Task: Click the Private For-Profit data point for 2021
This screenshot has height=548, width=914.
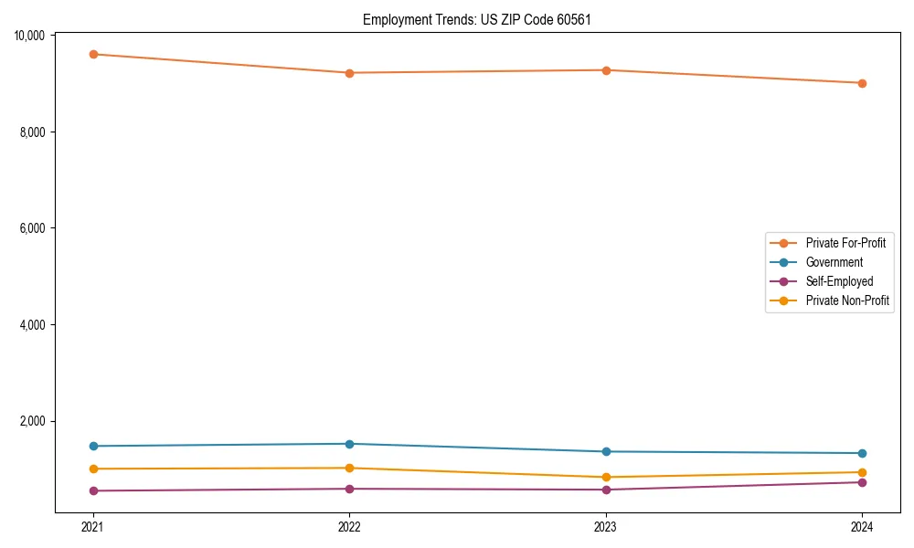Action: [92, 54]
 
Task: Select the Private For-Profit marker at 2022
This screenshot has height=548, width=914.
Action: [349, 73]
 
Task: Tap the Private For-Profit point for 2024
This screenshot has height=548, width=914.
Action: [862, 83]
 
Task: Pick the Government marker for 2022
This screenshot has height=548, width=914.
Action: [349, 444]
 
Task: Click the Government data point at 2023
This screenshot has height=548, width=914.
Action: [606, 451]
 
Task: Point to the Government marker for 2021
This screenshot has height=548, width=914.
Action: [92, 446]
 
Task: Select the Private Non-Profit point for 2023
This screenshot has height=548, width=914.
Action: [606, 477]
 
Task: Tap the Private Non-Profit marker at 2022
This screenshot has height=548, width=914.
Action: [349, 468]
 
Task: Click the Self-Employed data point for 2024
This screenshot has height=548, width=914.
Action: [862, 482]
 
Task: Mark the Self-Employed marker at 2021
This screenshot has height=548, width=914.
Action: [92, 490]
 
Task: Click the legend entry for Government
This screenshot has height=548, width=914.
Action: [834, 262]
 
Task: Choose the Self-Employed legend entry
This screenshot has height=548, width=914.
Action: [839, 281]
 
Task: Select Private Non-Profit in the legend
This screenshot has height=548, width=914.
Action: [847, 300]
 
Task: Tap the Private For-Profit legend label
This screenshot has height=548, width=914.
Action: [845, 243]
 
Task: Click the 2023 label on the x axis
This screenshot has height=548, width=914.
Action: [606, 526]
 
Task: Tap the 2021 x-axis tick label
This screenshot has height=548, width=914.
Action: [92, 526]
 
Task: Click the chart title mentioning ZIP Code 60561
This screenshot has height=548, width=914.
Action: [476, 19]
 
